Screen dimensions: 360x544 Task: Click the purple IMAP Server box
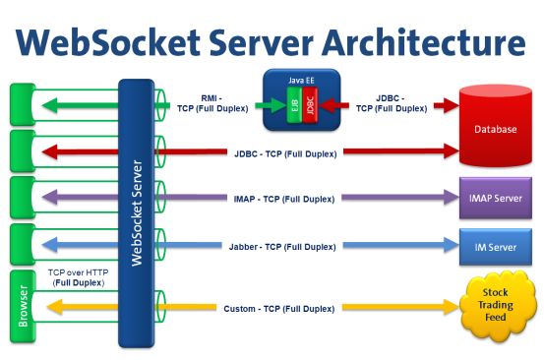click(495, 198)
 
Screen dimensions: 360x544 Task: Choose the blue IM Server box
click(495, 246)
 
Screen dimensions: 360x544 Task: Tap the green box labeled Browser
click(24, 307)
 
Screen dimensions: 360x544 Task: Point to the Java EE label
click(300, 76)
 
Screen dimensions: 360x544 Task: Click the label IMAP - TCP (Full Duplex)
click(285, 199)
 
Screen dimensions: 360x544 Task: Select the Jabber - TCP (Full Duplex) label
click(285, 246)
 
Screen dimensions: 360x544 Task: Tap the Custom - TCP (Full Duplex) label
click(285, 309)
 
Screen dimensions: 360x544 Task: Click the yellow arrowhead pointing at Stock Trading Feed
click(449, 308)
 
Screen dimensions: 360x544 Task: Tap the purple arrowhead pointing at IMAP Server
click(449, 198)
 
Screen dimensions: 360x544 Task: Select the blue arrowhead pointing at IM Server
click(449, 246)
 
